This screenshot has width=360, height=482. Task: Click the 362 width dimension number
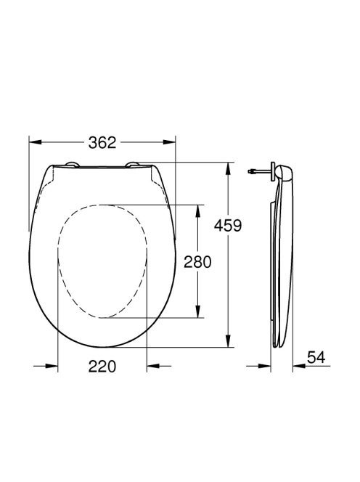(x=102, y=142)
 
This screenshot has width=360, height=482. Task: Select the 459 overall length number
(x=228, y=226)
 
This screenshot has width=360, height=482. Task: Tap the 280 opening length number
(x=197, y=262)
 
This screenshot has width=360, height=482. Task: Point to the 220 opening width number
(x=102, y=367)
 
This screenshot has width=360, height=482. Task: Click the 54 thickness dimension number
(x=316, y=357)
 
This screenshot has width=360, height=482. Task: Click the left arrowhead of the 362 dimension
(x=35, y=142)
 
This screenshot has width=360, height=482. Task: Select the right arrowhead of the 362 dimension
(x=169, y=142)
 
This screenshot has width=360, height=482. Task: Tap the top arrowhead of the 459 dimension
(x=228, y=168)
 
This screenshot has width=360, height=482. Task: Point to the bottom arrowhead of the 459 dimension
(x=228, y=341)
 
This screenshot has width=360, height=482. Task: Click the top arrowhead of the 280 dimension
(x=197, y=211)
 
